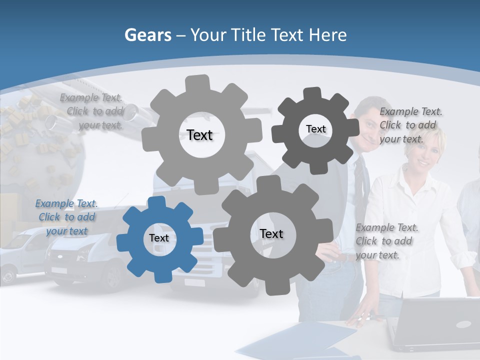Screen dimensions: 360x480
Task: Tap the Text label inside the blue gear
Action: (x=159, y=238)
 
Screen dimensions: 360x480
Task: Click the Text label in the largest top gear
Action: (x=199, y=135)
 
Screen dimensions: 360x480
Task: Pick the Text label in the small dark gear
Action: (x=315, y=129)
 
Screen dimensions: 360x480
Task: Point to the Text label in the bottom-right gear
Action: (x=271, y=233)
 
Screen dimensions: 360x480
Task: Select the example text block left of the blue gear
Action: (x=66, y=217)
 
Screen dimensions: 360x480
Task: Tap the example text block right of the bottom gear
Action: (x=385, y=241)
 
